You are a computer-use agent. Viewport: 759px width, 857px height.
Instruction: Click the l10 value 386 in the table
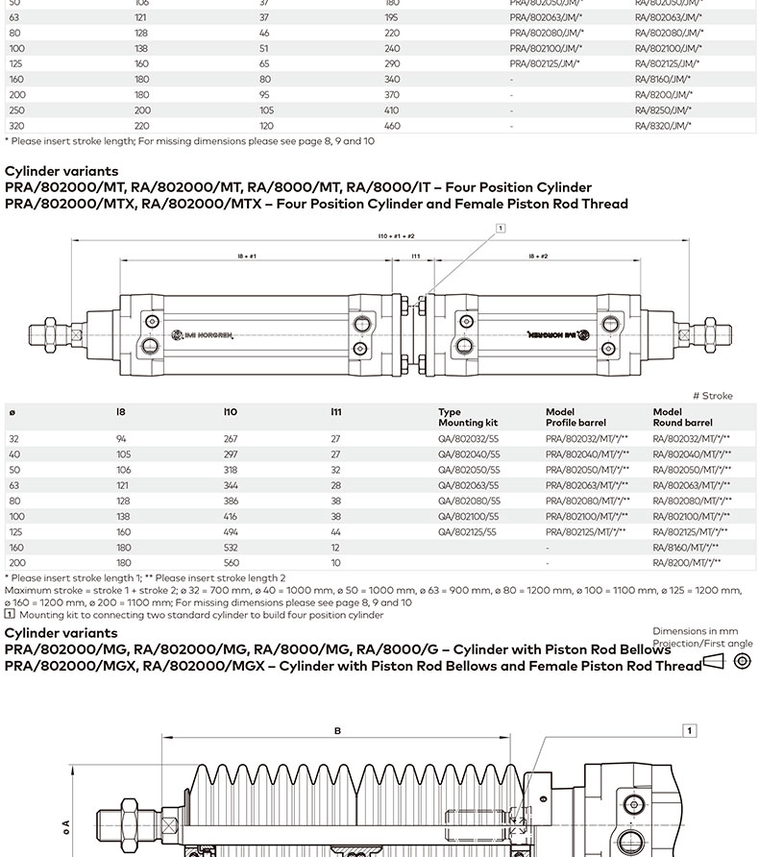tap(231, 501)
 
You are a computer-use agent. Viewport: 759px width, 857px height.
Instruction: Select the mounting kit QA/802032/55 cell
tap(469, 439)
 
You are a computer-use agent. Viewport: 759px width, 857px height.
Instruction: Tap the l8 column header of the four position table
tap(121, 412)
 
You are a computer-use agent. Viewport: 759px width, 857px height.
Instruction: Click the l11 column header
tap(336, 412)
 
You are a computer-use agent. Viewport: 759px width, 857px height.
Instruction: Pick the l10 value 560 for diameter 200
tap(231, 562)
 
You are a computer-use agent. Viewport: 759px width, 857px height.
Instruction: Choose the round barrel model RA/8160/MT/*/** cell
tap(686, 547)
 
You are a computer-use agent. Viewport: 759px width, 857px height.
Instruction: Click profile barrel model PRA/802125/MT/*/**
tap(586, 531)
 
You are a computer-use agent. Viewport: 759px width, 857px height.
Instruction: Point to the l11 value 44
tap(336, 531)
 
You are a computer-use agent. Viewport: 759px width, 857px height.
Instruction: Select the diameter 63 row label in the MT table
tap(14, 485)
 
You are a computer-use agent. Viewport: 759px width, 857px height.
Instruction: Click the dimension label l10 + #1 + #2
tap(396, 235)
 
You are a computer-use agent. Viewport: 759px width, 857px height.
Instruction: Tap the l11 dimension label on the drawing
tap(416, 257)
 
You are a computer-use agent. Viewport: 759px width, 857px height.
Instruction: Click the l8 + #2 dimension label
tap(538, 257)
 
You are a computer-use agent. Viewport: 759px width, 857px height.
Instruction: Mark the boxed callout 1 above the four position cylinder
tap(501, 228)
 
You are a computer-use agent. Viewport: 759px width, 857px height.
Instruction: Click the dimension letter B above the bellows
tap(337, 731)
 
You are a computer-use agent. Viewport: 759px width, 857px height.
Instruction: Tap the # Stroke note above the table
tap(712, 396)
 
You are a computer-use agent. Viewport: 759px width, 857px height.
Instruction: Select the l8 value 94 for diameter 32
tap(121, 439)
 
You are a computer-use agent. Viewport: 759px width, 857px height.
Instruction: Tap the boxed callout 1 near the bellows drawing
tap(689, 731)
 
